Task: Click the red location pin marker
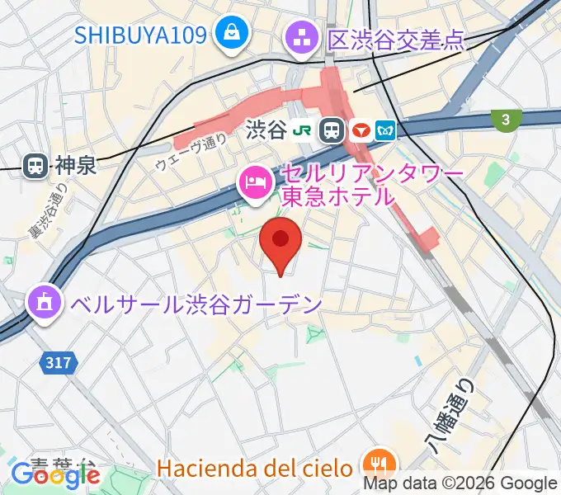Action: coord(280,243)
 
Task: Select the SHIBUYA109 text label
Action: coord(142,35)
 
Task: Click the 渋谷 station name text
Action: coord(266,130)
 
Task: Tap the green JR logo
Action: coord(305,130)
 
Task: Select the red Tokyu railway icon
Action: coord(360,130)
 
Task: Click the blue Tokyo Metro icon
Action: coord(385,130)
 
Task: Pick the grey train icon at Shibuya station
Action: coord(332,130)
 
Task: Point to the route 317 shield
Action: coord(57,361)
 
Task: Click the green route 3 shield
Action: coord(504,120)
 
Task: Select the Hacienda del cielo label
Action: coord(255,469)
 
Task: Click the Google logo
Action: coord(55,475)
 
